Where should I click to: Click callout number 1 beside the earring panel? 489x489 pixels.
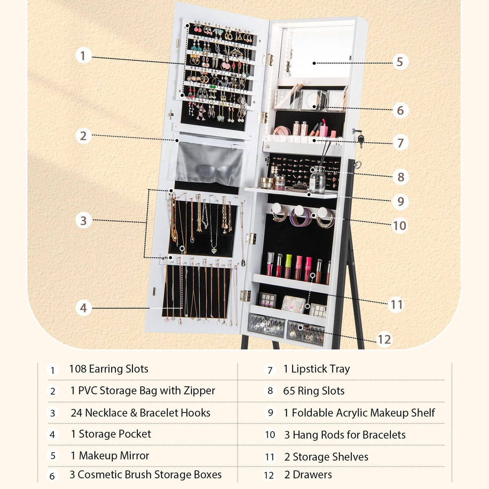tap(83, 55)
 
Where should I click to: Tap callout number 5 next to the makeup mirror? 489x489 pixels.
tap(400, 62)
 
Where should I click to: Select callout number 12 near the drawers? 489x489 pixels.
tap(384, 339)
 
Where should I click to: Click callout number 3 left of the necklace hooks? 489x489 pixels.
tap(83, 220)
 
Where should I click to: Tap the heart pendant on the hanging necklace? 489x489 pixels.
tap(214, 250)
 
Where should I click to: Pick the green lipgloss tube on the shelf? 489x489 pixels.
tap(288, 266)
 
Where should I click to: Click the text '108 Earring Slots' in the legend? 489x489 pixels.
tap(108, 369)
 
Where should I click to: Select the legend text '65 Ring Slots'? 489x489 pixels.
tap(313, 391)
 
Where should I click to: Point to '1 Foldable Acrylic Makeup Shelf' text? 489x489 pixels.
tap(359, 413)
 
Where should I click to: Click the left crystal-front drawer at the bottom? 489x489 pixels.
tap(267, 325)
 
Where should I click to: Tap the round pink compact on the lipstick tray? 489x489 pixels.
tap(281, 132)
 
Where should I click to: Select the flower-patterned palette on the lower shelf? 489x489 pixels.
tap(293, 304)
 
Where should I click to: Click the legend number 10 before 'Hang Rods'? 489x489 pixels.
tap(270, 435)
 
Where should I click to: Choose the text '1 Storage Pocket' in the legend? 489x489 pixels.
tap(111, 434)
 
